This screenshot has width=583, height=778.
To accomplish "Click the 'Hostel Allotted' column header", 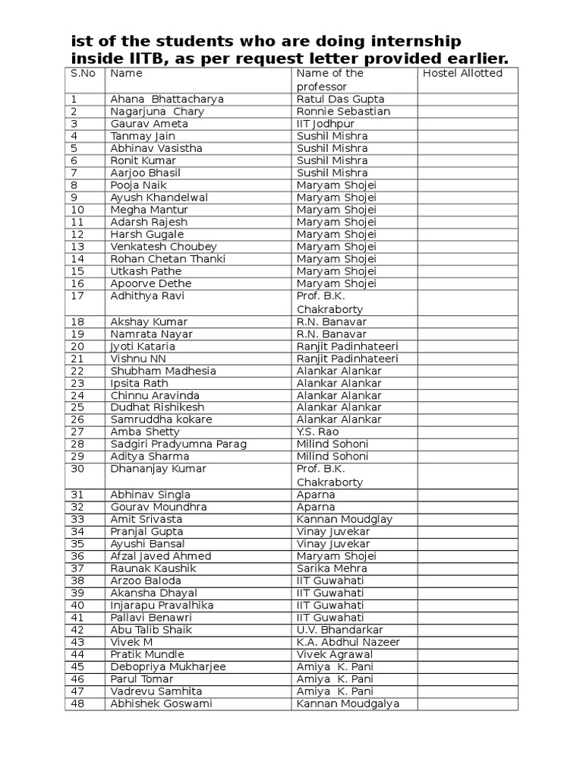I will pos(462,74).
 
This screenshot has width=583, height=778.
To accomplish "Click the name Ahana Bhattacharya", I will pos(167,100).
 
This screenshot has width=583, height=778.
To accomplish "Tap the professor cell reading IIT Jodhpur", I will pos(326,124).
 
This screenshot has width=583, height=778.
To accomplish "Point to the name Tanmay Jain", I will pos(143,136).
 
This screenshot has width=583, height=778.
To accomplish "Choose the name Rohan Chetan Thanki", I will pos(168,259).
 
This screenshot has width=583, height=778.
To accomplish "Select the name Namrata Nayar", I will pos(151,334).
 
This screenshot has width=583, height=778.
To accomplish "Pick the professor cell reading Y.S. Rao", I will pos(317,432).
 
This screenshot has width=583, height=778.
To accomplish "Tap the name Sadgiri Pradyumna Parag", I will pos(178,444).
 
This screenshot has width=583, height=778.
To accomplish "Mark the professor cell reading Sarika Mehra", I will pos(332,568).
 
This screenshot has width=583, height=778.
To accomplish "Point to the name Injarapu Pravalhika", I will pos(162,606).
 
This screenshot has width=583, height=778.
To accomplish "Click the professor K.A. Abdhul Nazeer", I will pos(348,642).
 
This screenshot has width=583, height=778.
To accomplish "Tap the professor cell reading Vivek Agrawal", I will pos(335,654).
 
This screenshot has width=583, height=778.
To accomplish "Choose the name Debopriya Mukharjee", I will pos(168,667).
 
